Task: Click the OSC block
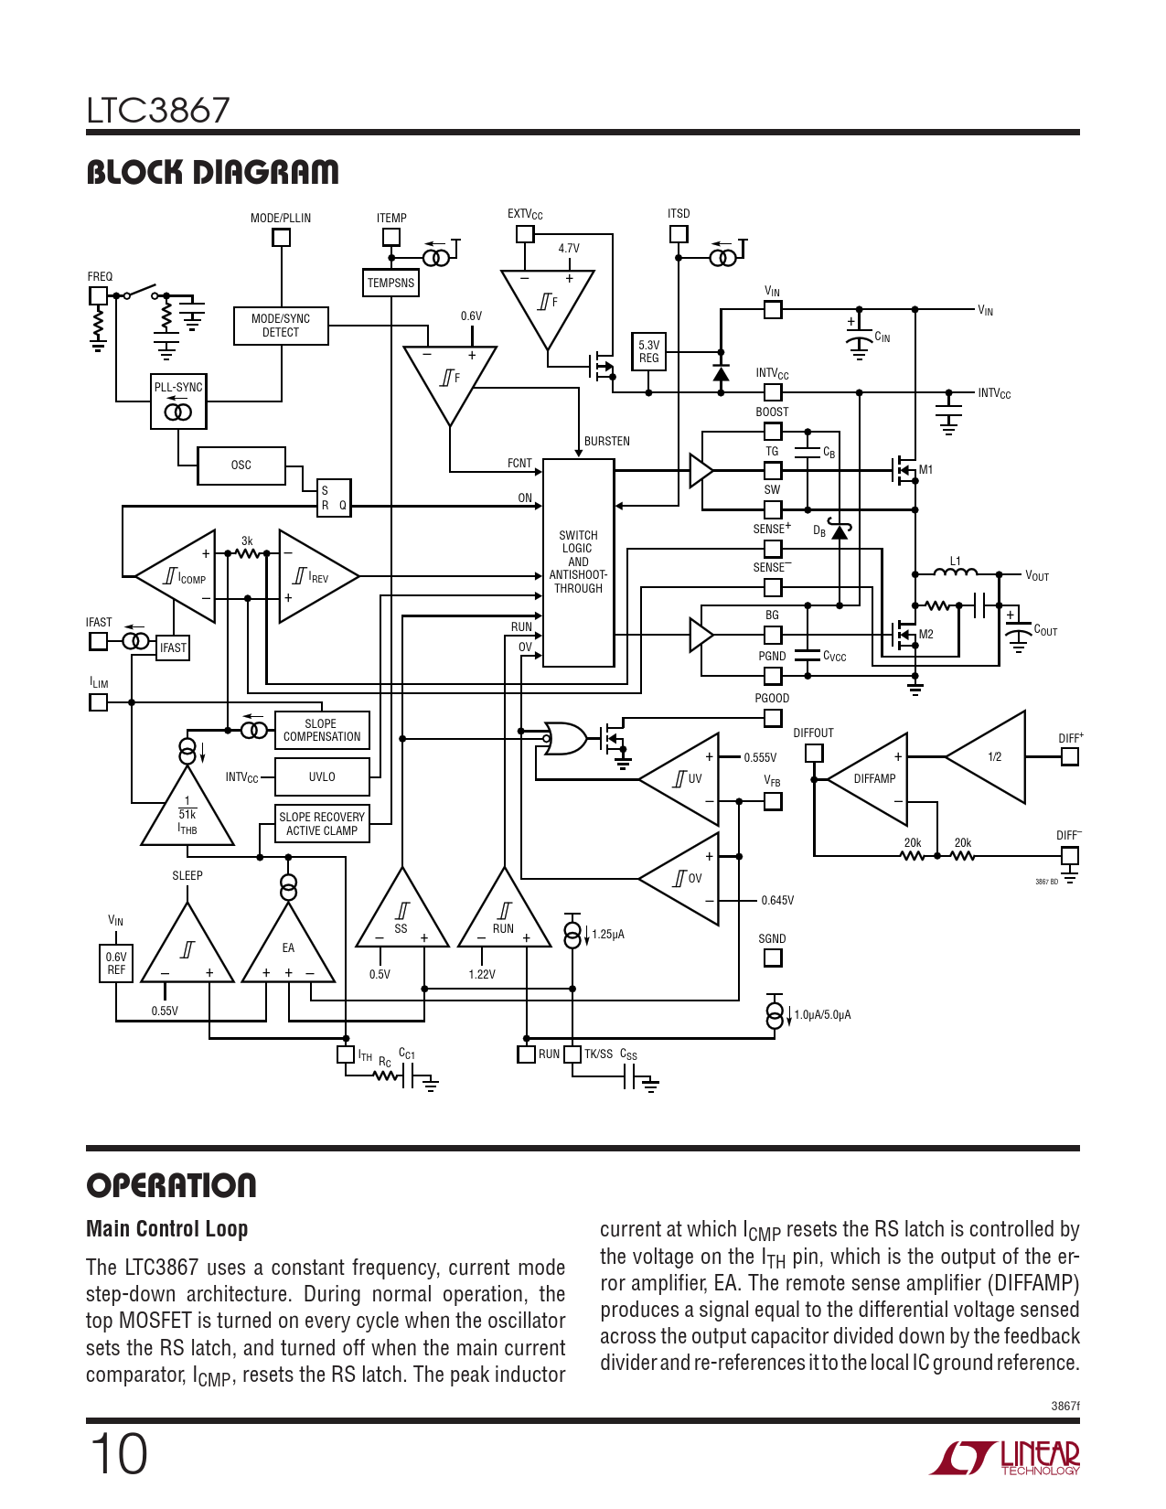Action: point(241,466)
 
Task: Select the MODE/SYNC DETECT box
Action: point(281,326)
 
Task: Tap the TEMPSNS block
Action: point(390,284)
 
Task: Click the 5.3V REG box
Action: point(648,352)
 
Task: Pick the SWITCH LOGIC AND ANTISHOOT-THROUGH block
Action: point(578,562)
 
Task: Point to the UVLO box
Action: point(322,777)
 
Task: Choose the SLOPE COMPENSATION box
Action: point(322,731)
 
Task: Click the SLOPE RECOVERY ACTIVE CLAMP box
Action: point(322,824)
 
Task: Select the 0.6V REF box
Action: point(116,964)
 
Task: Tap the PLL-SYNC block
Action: point(178,401)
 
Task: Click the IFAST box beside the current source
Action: point(173,647)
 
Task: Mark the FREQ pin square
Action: point(98,295)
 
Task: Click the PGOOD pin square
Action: point(773,718)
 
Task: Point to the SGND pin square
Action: point(773,958)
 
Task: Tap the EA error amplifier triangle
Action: point(288,951)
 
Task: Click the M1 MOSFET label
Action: point(925,470)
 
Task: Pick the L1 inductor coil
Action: point(955,573)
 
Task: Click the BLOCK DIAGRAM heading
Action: point(212,172)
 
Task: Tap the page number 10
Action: point(118,1454)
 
